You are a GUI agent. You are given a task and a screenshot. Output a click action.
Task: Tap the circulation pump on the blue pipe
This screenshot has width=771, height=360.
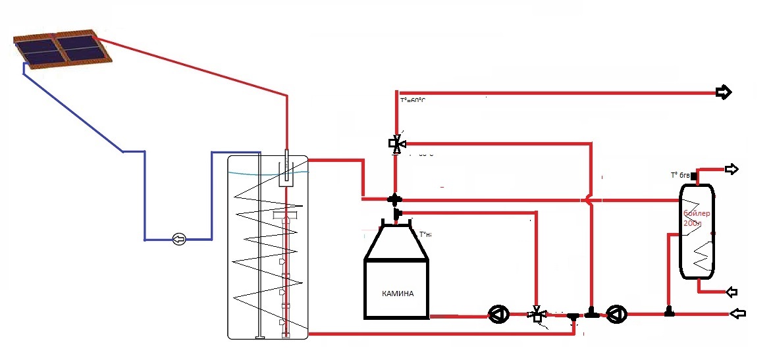[178, 238]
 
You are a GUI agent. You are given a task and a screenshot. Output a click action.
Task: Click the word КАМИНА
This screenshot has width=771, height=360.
[398, 294]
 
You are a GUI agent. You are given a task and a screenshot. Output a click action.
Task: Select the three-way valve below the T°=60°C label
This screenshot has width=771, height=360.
[396, 143]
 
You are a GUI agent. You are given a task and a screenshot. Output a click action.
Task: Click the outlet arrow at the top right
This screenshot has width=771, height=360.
[724, 93]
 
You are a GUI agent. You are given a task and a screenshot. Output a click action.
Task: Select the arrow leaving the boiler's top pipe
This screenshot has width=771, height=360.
[731, 169]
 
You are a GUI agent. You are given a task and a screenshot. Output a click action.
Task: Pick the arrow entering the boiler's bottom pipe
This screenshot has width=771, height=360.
[731, 292]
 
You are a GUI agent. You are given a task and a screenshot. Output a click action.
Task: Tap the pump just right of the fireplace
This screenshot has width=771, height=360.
[496, 315]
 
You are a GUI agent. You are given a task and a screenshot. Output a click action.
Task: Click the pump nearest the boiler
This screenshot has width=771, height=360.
[616, 314]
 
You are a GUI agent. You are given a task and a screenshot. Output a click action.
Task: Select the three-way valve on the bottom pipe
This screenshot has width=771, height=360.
[537, 314]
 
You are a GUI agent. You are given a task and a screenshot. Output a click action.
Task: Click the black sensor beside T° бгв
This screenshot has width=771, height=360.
[694, 176]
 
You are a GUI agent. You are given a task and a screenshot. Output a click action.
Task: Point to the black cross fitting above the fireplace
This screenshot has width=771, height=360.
[394, 198]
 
